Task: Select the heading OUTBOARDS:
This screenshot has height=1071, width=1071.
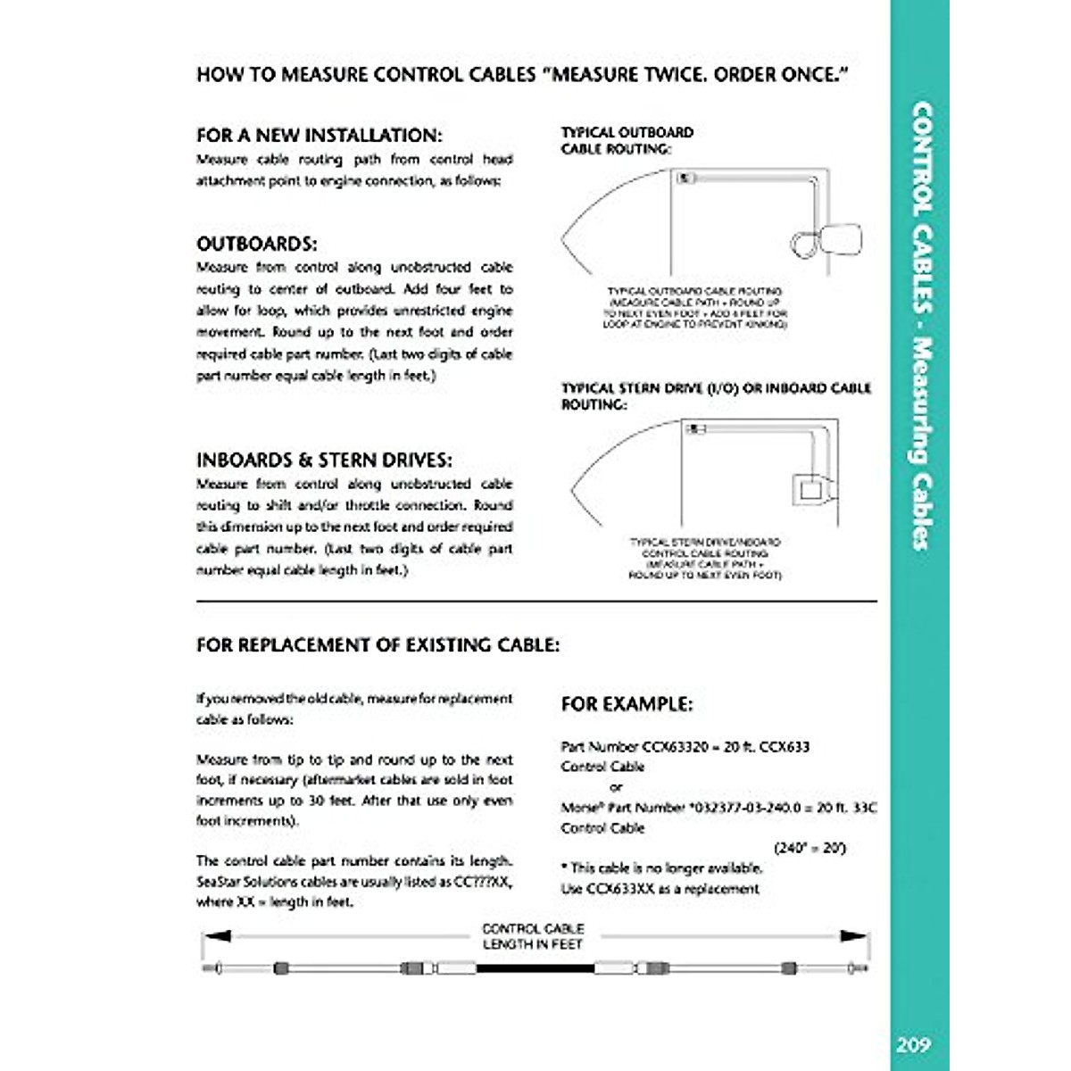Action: [256, 245]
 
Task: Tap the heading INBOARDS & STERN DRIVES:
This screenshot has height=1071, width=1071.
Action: [324, 461]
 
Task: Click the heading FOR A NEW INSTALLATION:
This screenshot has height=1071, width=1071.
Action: [319, 136]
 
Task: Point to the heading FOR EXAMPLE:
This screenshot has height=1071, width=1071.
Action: [626, 704]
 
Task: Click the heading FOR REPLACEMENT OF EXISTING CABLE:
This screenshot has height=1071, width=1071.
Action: [378, 644]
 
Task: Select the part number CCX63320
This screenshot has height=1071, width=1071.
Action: [673, 746]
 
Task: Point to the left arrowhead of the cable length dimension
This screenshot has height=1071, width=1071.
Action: [217, 936]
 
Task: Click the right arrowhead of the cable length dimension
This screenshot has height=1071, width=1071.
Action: [854, 936]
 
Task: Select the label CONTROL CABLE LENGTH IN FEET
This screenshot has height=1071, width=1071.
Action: [533, 936]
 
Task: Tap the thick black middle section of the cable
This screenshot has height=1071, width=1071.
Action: [535, 968]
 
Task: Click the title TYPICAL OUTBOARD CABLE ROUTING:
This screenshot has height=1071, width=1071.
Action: [627, 141]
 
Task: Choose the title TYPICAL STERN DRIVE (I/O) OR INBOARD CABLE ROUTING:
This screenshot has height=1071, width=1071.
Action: [716, 396]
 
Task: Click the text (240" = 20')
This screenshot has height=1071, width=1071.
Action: [810, 848]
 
